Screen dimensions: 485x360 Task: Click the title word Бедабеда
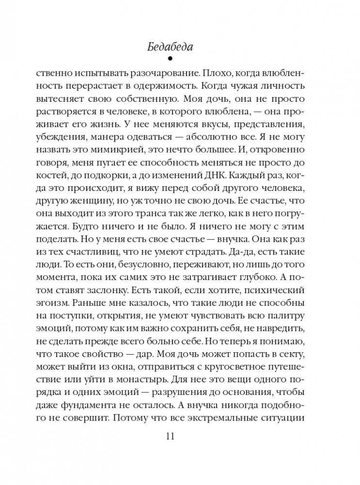(x=180, y=47)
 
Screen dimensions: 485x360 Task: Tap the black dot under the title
(x=180, y=60)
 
